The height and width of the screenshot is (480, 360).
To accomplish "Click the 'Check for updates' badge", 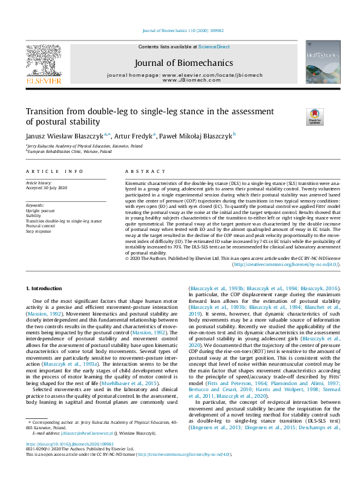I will pyautogui.click(x=315, y=116).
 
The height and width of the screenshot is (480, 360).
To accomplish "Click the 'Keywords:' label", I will pyautogui.click(x=35, y=206).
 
